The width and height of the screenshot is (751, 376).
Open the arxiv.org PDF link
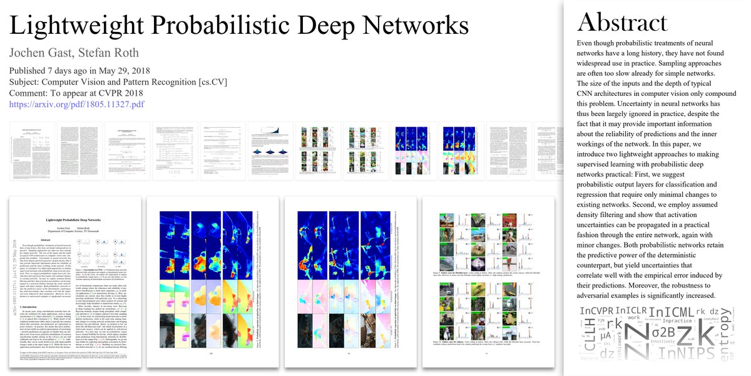point(77,104)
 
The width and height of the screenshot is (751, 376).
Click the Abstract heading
point(623,23)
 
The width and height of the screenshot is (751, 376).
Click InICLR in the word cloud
point(630,311)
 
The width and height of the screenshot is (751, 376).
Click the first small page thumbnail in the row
point(33,151)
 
